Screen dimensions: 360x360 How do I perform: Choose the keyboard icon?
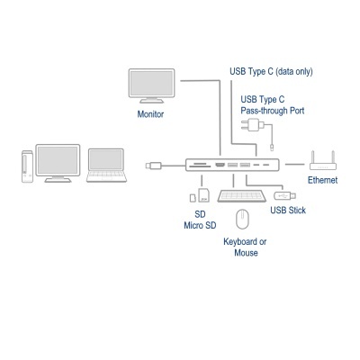coord(241,195)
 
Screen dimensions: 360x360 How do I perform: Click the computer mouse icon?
coord(241,220)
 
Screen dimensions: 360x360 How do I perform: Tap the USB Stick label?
coord(288,211)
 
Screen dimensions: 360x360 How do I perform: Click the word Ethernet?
coord(322,181)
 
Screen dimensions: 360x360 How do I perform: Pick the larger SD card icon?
coord(203,194)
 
